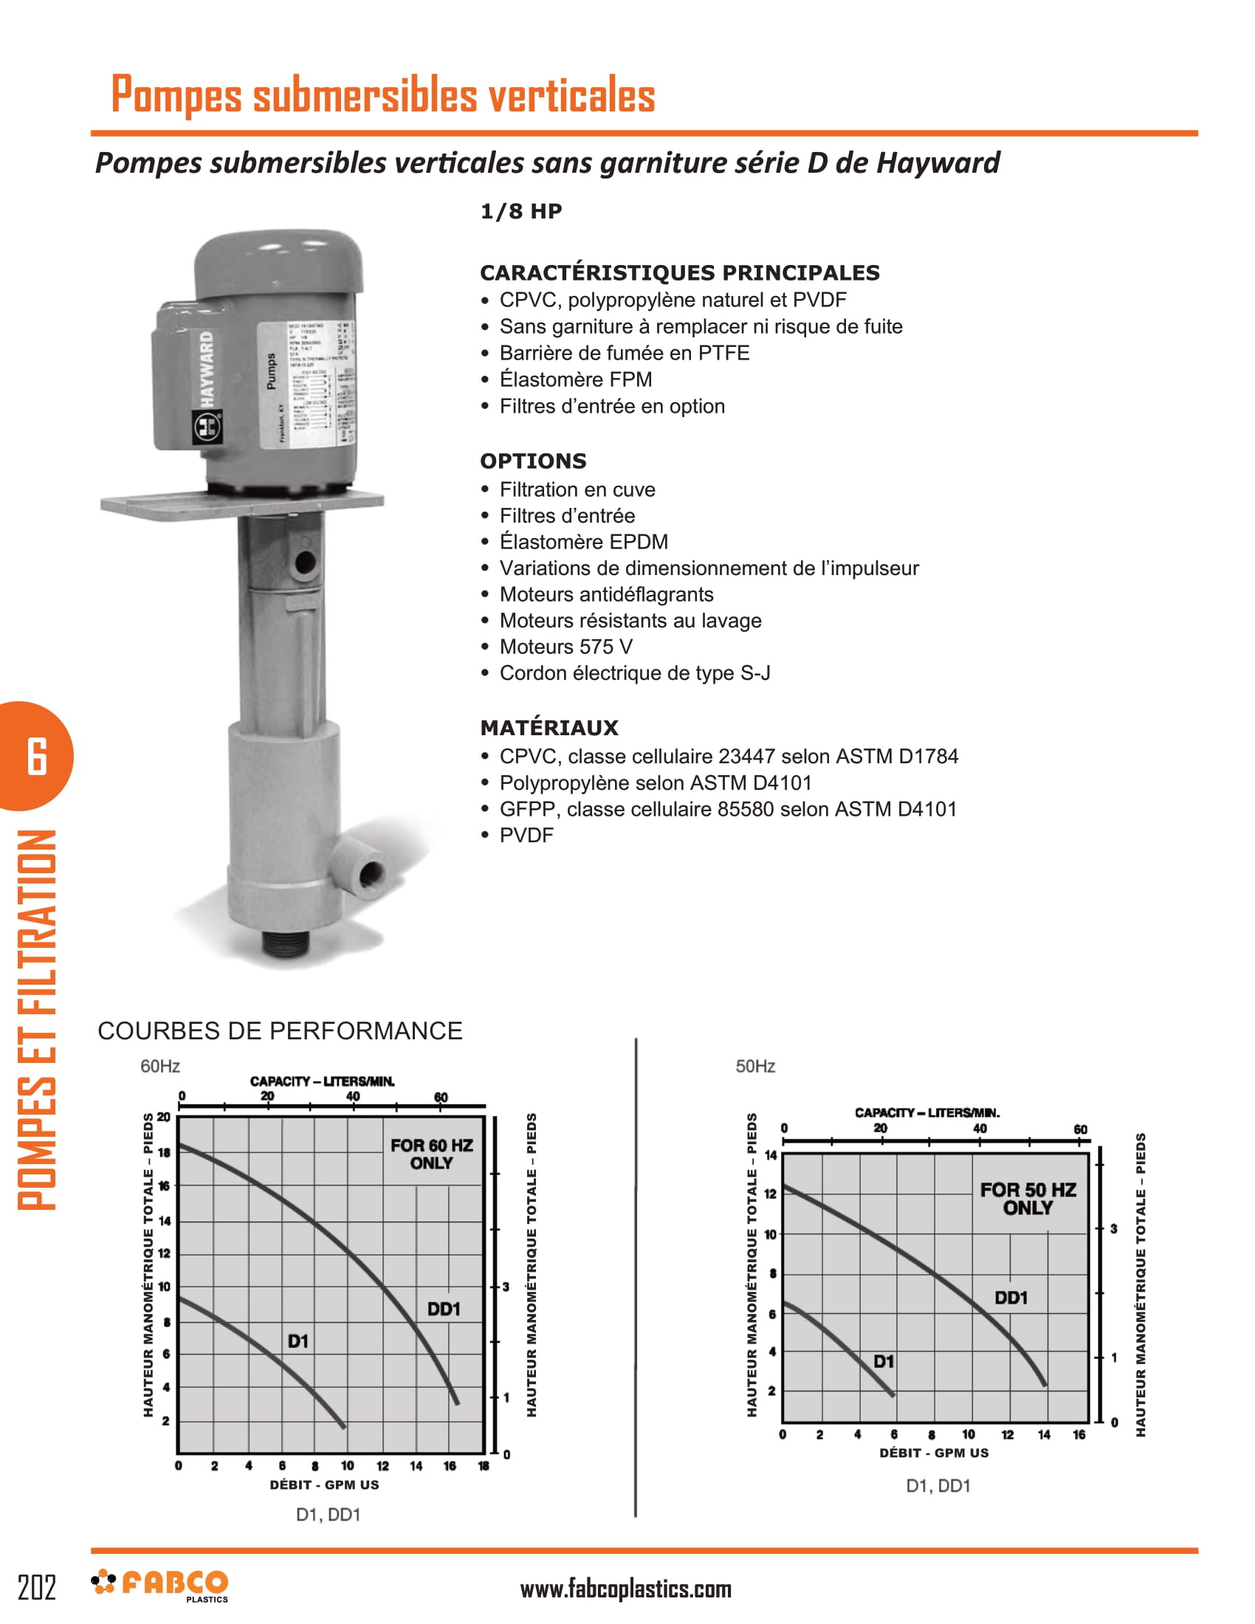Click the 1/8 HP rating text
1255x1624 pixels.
pyautogui.click(x=521, y=211)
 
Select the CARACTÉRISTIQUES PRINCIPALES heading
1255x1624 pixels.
pyautogui.click(x=679, y=272)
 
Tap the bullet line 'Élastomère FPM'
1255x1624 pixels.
pyautogui.click(x=576, y=379)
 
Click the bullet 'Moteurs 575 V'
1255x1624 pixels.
pyautogui.click(x=565, y=646)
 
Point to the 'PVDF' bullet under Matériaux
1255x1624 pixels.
pyautogui.click(x=526, y=835)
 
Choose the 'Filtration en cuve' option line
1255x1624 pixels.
pyautogui.click(x=577, y=489)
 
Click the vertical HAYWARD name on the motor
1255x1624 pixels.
pyautogui.click(x=206, y=370)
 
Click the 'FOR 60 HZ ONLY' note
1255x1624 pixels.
pyautogui.click(x=431, y=1154)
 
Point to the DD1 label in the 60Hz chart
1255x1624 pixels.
pyautogui.click(x=444, y=1309)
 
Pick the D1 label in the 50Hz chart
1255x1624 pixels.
pyautogui.click(x=883, y=1361)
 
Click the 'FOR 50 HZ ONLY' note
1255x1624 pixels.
pyautogui.click(x=1028, y=1199)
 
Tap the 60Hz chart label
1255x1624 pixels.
pyautogui.click(x=160, y=1067)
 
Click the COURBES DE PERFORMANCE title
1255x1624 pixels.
pyautogui.click(x=280, y=1031)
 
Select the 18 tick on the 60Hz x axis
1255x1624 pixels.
pyautogui.click(x=484, y=1465)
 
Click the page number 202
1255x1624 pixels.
pyautogui.click(x=36, y=1588)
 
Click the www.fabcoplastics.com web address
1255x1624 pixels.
pyautogui.click(x=625, y=1589)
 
